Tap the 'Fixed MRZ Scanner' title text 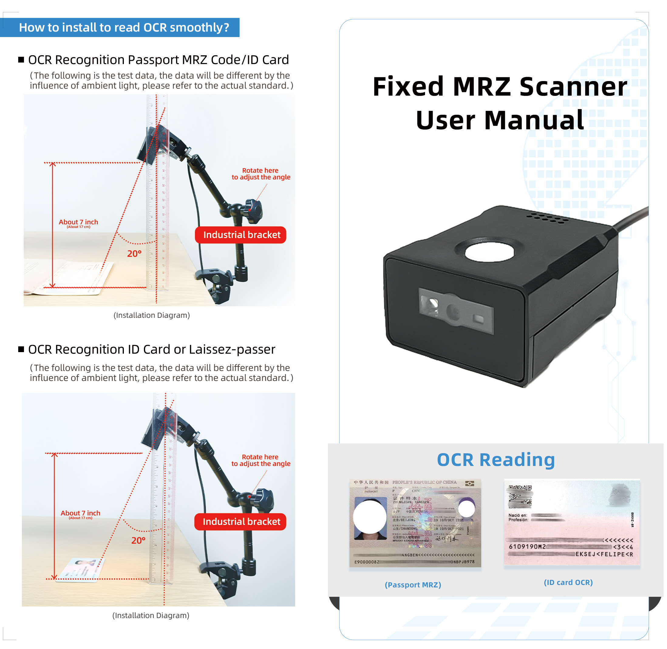(500, 87)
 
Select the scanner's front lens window (456, 311)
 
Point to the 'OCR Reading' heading (496, 460)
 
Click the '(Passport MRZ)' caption (413, 585)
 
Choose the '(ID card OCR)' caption (568, 583)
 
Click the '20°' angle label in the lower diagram (138, 541)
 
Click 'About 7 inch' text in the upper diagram (78, 222)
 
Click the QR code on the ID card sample (520, 496)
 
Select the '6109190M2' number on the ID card (527, 547)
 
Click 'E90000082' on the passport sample (367, 562)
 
